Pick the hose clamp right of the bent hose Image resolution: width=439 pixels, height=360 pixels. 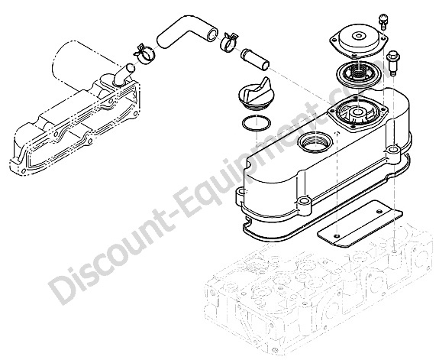(x=231, y=42)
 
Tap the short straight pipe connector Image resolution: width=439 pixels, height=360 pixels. (x=255, y=59)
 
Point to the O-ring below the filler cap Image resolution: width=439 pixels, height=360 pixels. (x=257, y=122)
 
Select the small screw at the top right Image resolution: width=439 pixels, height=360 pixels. (x=383, y=21)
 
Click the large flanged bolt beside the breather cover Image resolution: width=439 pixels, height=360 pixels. (x=392, y=63)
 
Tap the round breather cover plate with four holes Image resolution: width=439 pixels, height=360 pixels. (x=358, y=41)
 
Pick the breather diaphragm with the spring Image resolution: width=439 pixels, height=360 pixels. (x=359, y=73)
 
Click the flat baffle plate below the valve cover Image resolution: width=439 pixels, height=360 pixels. (x=360, y=224)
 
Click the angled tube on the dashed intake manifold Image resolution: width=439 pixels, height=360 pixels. (x=123, y=73)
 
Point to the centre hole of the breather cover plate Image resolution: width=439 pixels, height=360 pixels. (x=358, y=36)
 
